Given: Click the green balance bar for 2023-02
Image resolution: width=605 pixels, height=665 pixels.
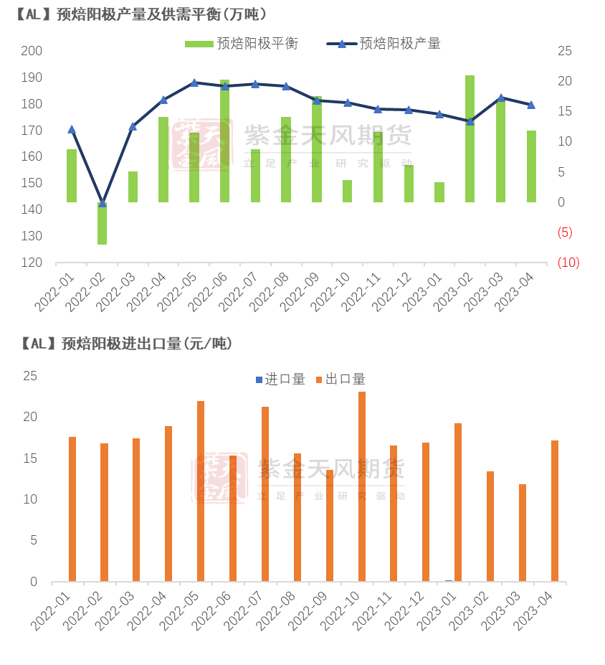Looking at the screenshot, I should click(x=470, y=138).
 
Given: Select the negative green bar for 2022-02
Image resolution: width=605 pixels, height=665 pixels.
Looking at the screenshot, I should click(x=103, y=224).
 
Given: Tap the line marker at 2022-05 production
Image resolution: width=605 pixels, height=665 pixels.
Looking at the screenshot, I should click(x=194, y=82).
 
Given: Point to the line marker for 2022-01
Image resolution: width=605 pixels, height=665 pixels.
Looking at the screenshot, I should click(x=72, y=129).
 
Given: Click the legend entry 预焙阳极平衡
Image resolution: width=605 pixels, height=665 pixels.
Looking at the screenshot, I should click(x=241, y=44).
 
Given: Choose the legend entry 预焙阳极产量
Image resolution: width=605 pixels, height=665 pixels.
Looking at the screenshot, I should click(x=384, y=44).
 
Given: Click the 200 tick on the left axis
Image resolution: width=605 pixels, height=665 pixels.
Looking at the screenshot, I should click(x=32, y=51).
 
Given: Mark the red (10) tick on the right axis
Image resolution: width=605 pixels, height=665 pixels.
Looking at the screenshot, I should click(x=568, y=263).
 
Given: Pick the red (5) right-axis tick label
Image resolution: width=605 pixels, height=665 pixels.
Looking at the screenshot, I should click(x=564, y=232).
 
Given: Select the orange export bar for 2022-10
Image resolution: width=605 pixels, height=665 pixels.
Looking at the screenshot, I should click(x=362, y=486).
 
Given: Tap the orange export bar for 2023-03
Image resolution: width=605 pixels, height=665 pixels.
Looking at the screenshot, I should click(x=523, y=532).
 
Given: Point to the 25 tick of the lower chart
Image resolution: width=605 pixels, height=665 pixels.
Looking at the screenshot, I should click(x=29, y=376).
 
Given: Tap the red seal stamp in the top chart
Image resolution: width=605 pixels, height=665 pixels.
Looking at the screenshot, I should click(x=196, y=145).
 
